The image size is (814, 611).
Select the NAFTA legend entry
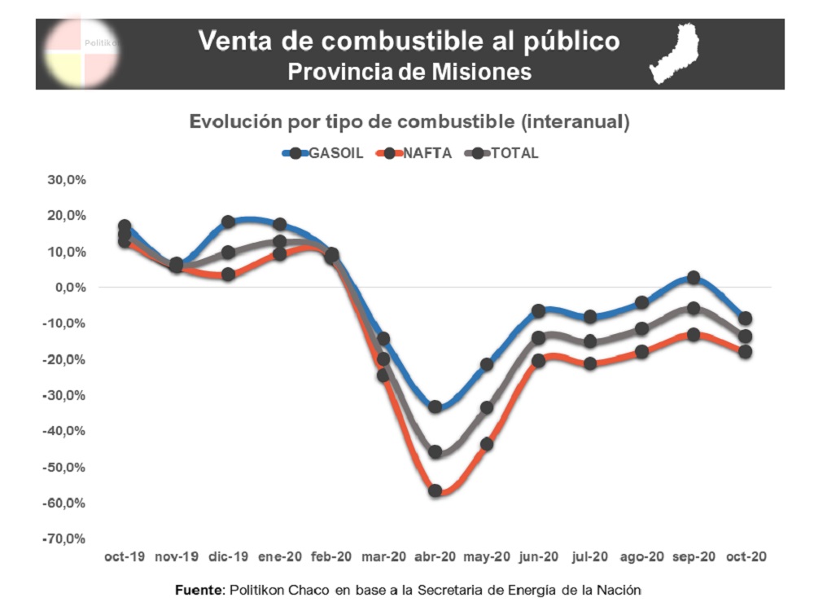pos(419,153)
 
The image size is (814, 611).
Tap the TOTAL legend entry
pos(509,153)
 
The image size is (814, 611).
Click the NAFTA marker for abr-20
pos(435,490)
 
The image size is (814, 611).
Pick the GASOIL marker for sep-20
pos(694,278)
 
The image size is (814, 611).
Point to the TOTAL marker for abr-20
pos(435,452)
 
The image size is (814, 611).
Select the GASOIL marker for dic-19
pos(228,222)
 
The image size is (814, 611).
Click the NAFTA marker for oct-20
pos(745,351)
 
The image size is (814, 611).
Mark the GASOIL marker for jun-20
pos(538,310)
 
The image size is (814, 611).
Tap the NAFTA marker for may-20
pos(487,444)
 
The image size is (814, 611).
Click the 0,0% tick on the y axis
pos(71,288)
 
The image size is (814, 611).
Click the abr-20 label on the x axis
pos(435,557)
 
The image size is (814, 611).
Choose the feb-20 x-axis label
pos(331,557)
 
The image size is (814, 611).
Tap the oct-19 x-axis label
pos(125,557)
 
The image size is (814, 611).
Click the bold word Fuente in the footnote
pos(199,590)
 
